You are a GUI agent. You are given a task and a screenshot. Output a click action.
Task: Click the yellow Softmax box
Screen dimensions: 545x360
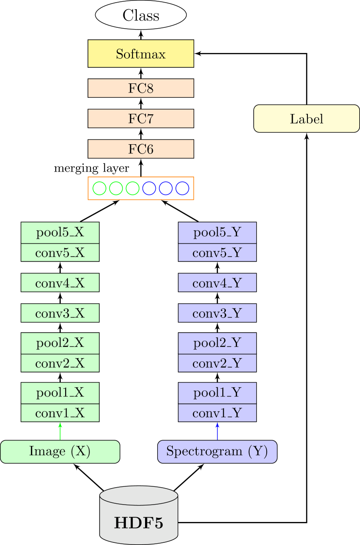(x=141, y=54)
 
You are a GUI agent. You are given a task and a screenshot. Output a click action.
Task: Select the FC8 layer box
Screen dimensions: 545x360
(x=141, y=88)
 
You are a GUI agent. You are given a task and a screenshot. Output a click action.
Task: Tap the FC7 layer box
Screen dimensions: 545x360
(x=141, y=119)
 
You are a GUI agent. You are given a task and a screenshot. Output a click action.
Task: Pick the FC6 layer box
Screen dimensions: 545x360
(x=141, y=149)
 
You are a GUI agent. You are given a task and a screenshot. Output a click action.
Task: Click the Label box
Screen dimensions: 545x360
(x=307, y=118)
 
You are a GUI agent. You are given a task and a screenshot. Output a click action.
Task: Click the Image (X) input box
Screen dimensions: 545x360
(x=60, y=452)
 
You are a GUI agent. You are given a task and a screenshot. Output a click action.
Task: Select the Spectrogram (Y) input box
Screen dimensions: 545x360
(x=217, y=452)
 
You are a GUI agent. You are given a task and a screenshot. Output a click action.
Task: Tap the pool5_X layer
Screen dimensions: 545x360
(x=60, y=233)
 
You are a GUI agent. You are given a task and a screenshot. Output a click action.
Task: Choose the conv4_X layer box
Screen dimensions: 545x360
(x=60, y=283)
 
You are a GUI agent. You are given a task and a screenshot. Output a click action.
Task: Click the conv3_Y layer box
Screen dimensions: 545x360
(x=217, y=313)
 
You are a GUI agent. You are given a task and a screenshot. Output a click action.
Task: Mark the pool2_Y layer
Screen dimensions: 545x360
(x=217, y=344)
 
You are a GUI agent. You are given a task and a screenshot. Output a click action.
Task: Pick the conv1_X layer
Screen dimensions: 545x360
(x=60, y=413)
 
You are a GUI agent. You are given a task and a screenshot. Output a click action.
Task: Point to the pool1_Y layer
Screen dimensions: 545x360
(x=217, y=393)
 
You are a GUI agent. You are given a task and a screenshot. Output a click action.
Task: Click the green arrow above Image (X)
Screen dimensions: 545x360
(x=60, y=431)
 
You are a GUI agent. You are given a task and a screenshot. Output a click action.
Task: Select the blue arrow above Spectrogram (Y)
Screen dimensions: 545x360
(x=217, y=431)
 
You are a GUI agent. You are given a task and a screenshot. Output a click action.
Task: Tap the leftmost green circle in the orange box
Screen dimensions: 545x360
(x=99, y=188)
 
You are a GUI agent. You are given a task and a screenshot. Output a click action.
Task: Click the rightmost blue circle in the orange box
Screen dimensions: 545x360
(x=182, y=188)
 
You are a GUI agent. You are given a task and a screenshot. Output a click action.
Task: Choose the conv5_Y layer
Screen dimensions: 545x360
(x=217, y=253)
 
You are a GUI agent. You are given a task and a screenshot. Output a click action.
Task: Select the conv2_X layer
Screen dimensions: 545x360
(x=60, y=363)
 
